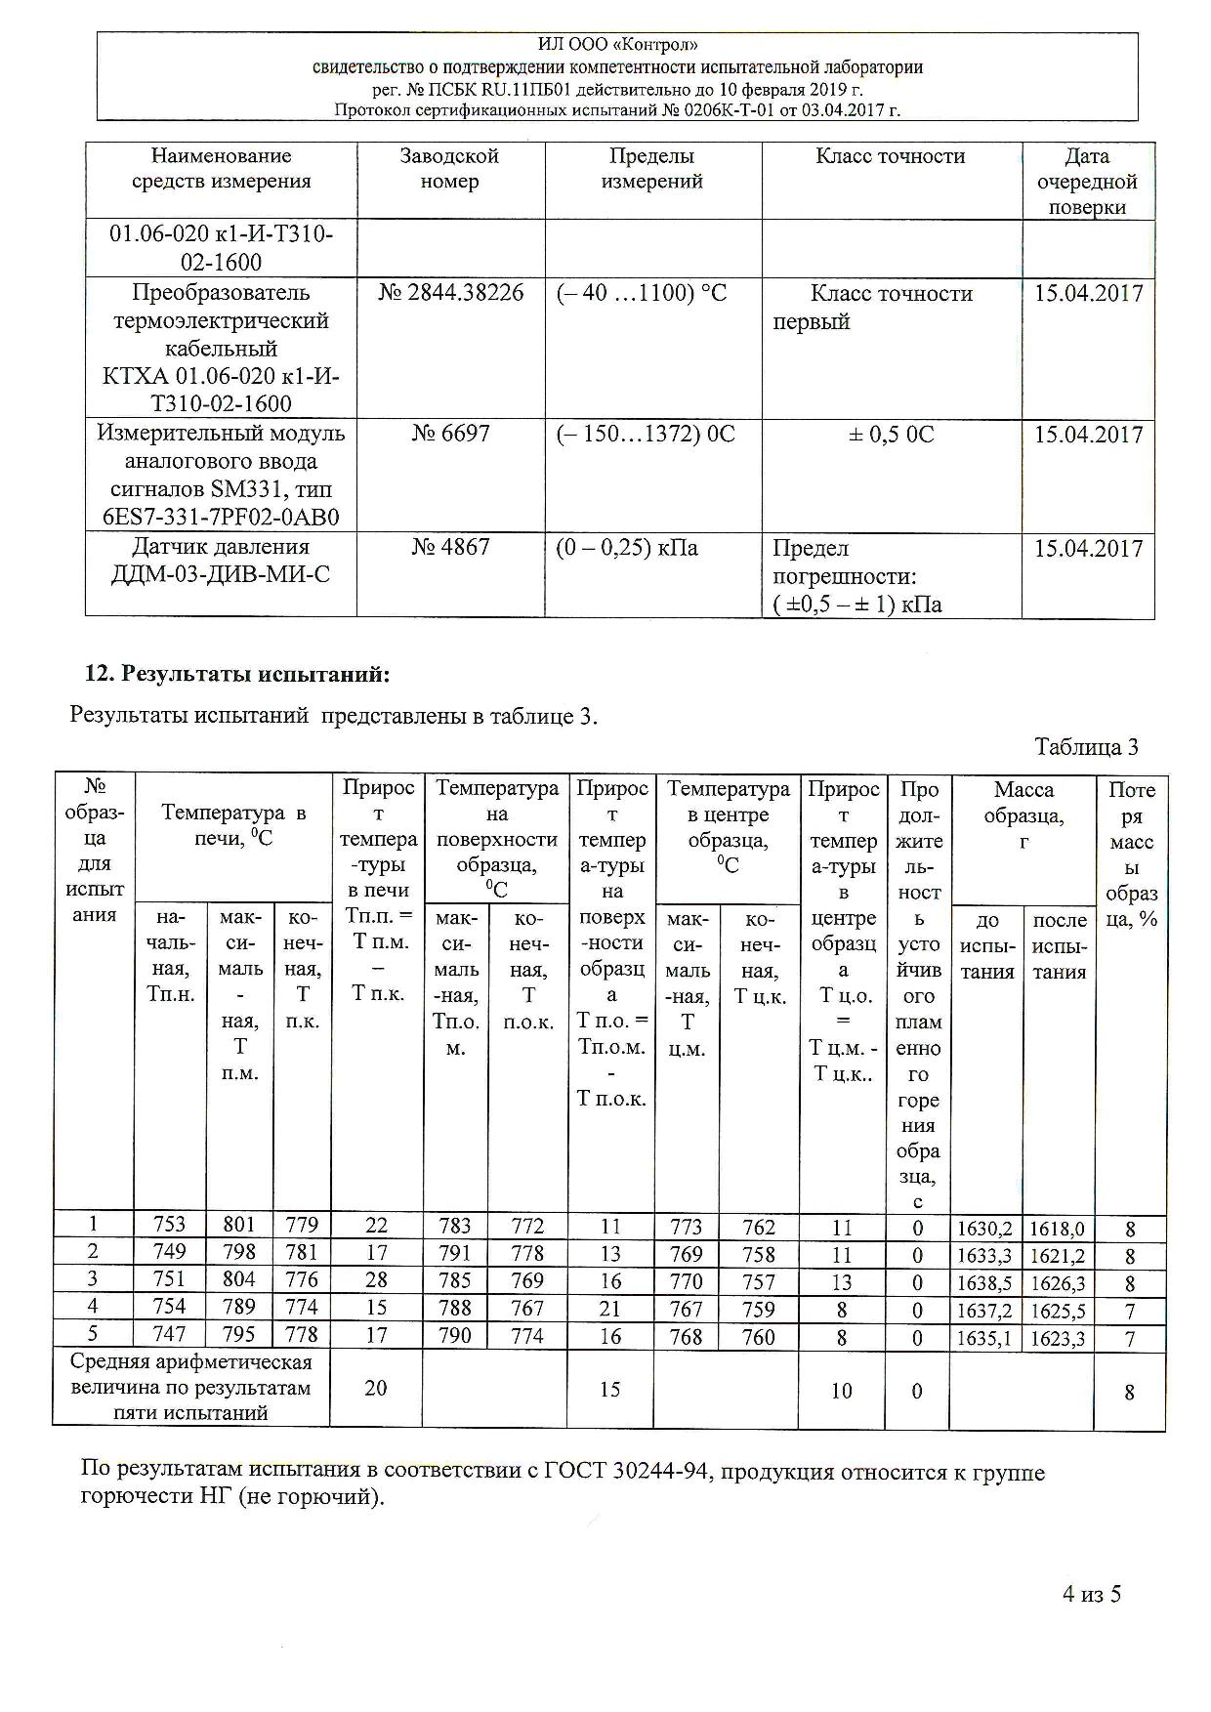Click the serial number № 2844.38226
point(450,293)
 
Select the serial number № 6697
point(450,434)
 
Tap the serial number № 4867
point(450,547)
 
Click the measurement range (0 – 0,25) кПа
point(627,548)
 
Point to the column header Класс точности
point(891,156)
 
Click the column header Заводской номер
point(450,169)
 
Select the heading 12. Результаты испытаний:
point(237,675)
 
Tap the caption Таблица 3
point(1086,747)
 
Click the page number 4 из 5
point(1092,1594)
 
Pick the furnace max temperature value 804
point(239,1280)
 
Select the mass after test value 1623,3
point(1058,1338)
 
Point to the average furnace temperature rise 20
point(376,1388)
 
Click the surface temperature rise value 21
point(610,1308)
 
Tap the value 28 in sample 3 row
point(376,1280)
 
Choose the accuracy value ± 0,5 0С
point(891,435)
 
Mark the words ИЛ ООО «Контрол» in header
point(617,45)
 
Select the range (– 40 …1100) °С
point(642,293)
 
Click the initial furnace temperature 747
point(169,1335)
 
